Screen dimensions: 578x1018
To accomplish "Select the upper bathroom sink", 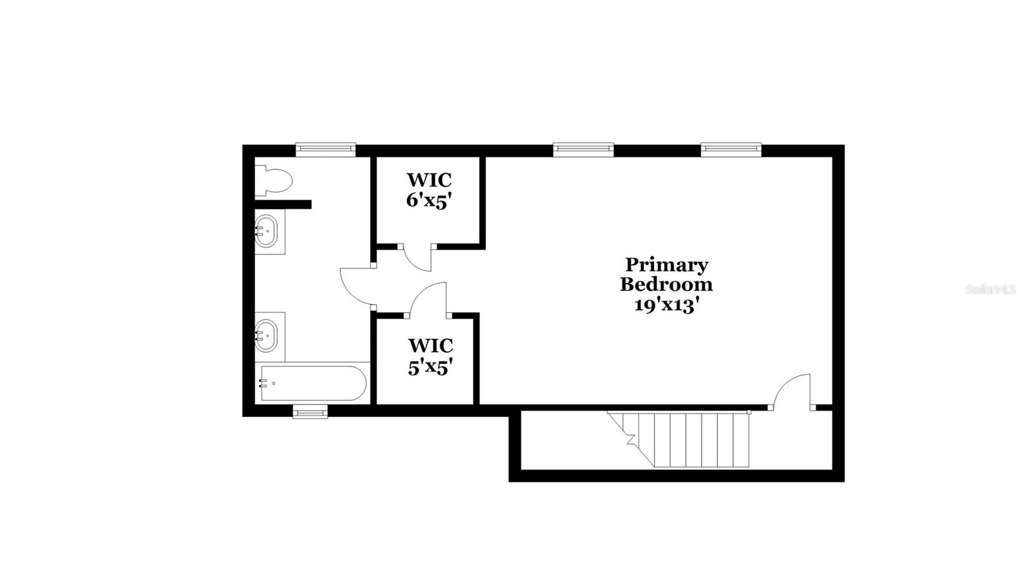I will [267, 230].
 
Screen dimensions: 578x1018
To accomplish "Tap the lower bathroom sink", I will [267, 334].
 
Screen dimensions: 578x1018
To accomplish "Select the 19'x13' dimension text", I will [666, 305].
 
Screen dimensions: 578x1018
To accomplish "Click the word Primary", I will [666, 265].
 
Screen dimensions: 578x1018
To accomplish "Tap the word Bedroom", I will [666, 284].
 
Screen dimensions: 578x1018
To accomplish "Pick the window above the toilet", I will [325, 149].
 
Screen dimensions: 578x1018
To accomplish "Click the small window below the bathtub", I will [310, 413].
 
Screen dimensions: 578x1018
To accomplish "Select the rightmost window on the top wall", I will [731, 149].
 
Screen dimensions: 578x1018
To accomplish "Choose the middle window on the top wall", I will [583, 149].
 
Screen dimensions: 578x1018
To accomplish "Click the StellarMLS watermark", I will [990, 289].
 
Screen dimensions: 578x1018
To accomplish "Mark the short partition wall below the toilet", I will [282, 205].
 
